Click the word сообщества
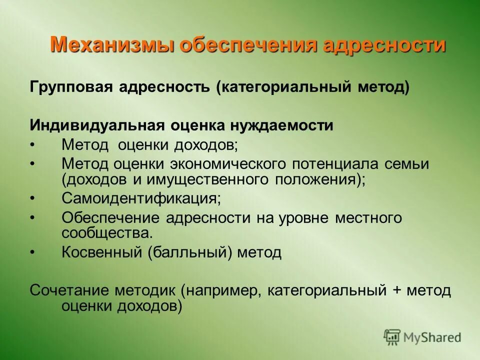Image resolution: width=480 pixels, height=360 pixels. pyautogui.click(x=105, y=233)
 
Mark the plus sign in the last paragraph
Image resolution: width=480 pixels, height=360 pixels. pyautogui.click(x=397, y=290)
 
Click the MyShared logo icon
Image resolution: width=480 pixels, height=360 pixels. pyautogui.click(x=392, y=337)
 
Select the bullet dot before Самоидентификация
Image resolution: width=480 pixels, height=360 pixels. pyautogui.click(x=33, y=198)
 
